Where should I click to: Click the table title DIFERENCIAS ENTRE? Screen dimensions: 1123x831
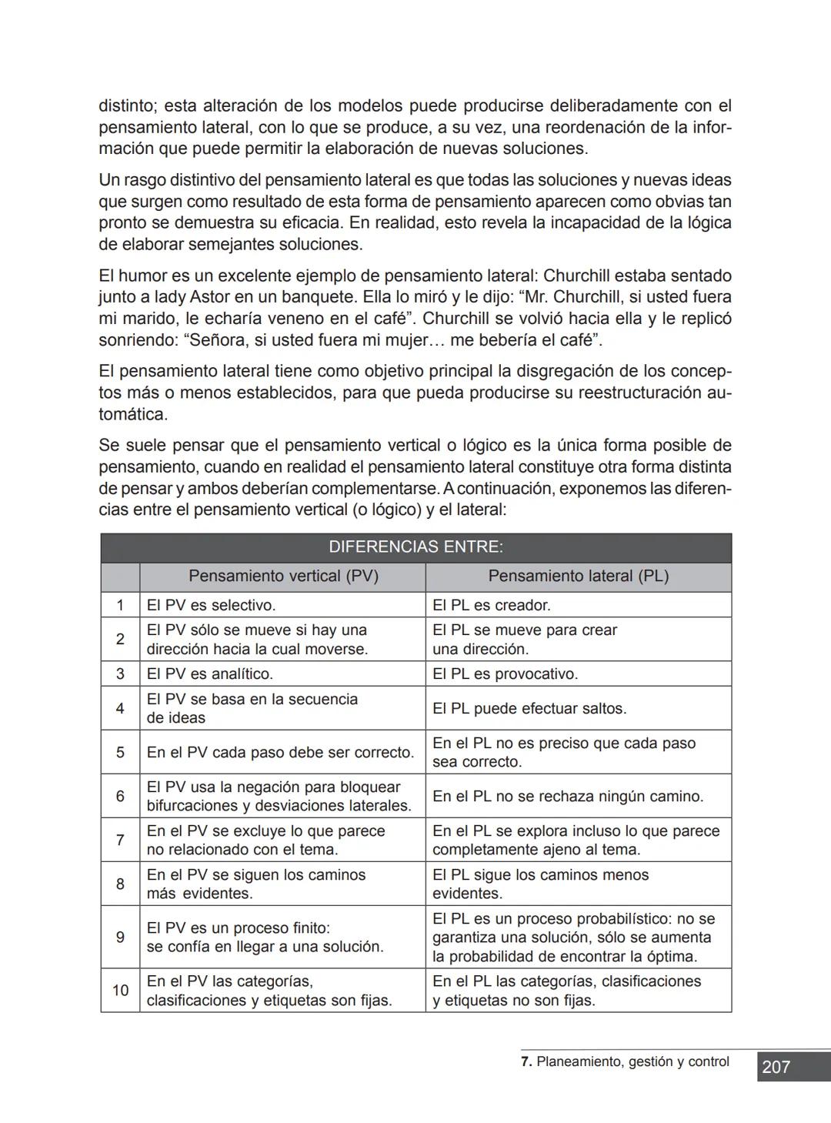415,547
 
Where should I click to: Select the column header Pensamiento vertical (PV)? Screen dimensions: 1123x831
283,576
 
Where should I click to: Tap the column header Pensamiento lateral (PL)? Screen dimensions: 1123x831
578,576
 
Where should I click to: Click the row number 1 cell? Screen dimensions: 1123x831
120,605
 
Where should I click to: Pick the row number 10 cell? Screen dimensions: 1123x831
120,990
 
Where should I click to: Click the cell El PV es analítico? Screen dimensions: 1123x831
209,673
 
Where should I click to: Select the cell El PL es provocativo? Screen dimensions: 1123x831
505,673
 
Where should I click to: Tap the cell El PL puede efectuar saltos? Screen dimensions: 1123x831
529,708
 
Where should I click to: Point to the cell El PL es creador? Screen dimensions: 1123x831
492,605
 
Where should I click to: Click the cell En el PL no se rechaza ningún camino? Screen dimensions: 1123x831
568,796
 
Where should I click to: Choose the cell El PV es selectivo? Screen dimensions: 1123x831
211,605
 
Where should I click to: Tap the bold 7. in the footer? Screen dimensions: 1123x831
526,1061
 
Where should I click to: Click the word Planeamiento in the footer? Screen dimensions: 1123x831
579,1061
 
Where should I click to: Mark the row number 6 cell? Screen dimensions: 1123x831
120,796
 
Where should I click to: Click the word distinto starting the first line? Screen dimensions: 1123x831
127,105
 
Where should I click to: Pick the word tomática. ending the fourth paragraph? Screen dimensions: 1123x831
132,414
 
